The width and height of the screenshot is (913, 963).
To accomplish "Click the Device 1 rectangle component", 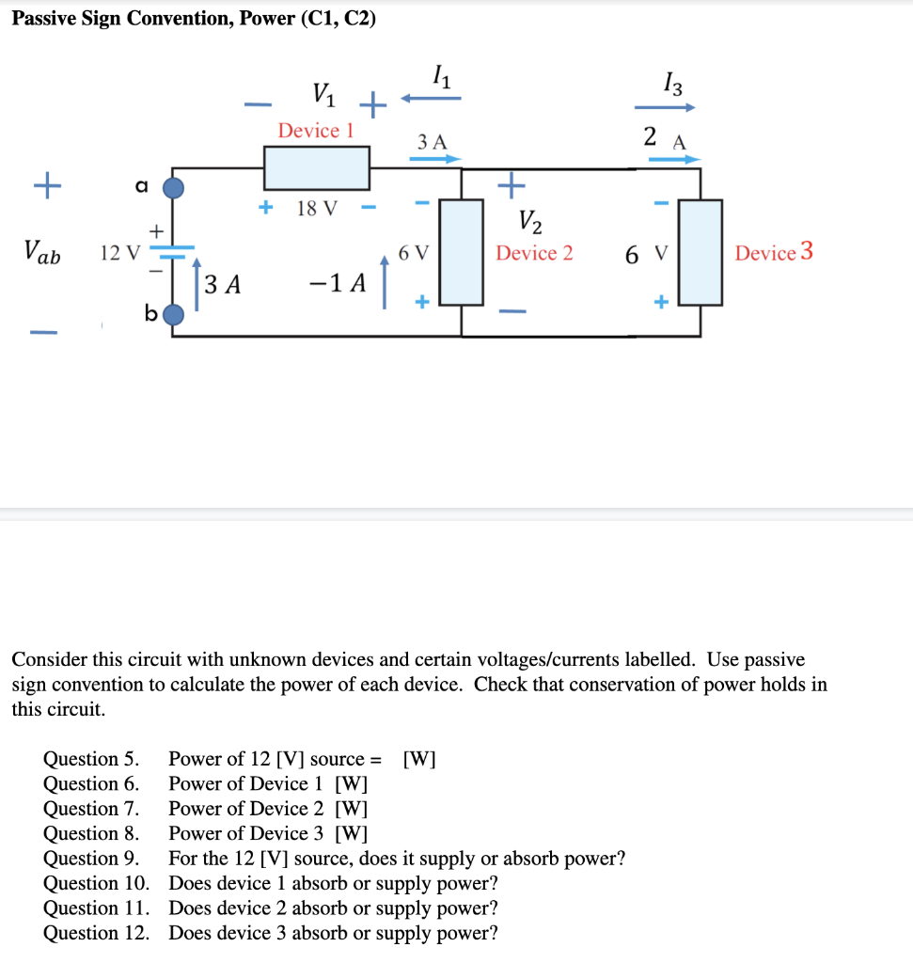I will [x=316, y=168].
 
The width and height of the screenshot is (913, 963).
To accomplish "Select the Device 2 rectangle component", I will [x=461, y=252].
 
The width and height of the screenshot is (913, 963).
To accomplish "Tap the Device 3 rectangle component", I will [x=700, y=252].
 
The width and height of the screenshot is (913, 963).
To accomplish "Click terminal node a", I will [x=174, y=188].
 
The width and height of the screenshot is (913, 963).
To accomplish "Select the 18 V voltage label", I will [x=316, y=208].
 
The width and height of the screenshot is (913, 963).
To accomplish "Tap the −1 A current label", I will [x=338, y=283].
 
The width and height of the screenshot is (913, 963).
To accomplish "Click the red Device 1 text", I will [x=315, y=131].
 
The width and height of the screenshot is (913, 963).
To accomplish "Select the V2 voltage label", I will [x=530, y=222].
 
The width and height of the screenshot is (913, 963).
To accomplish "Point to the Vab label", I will [x=42, y=252].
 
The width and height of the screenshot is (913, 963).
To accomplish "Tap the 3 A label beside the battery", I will [x=223, y=284].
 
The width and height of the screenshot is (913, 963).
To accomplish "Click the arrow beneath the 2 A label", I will [x=674, y=159].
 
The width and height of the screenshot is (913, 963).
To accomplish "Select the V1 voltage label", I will [x=321, y=93].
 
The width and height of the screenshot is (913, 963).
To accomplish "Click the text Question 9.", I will [x=91, y=859].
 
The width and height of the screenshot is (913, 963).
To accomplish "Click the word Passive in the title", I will [x=44, y=19].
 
